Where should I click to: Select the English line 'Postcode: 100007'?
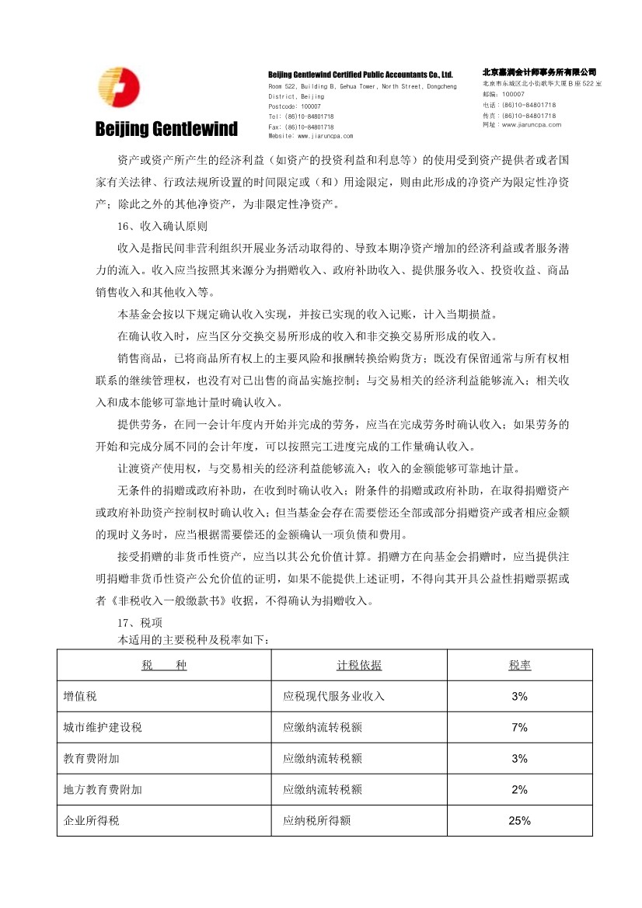coord(295,106)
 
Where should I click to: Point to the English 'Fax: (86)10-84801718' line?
coord(301,126)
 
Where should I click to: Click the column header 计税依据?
coord(359,666)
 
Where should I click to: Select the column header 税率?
coord(520,666)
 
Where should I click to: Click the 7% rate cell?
coord(520,728)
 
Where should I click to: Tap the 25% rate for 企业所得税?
coord(520,820)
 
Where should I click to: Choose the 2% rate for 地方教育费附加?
coord(520,790)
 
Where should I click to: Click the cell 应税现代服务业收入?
coord(334,697)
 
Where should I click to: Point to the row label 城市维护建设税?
coord(103,728)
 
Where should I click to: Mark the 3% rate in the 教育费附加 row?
coord(520,759)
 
